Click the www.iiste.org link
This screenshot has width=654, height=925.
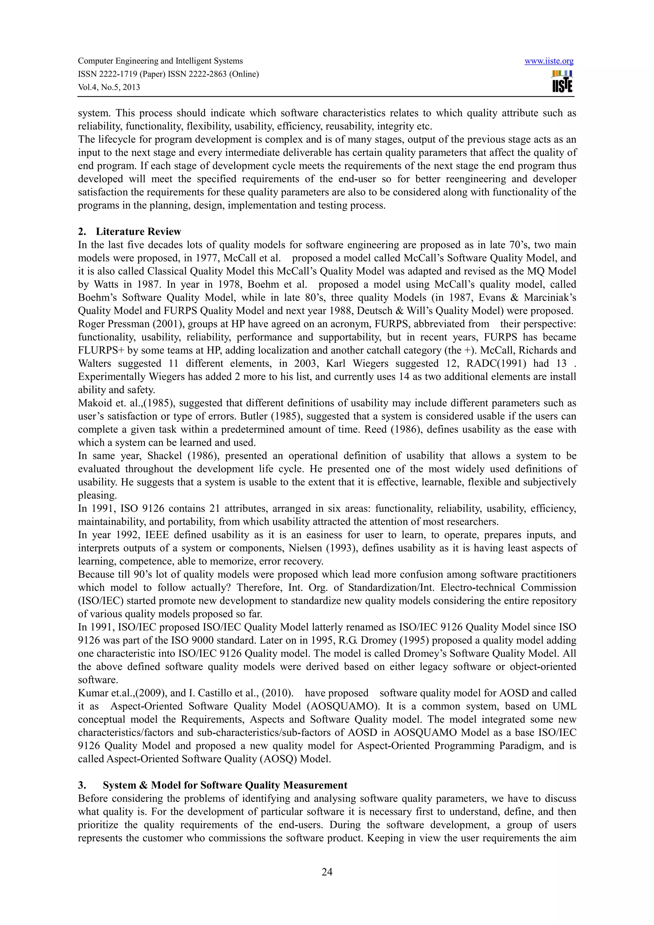point(549,61)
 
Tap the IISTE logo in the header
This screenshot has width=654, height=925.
point(562,82)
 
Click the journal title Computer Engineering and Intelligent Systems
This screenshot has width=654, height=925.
point(160,61)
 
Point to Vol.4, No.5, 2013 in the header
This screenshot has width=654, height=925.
point(109,87)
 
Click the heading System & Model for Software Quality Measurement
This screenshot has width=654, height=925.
point(225,785)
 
